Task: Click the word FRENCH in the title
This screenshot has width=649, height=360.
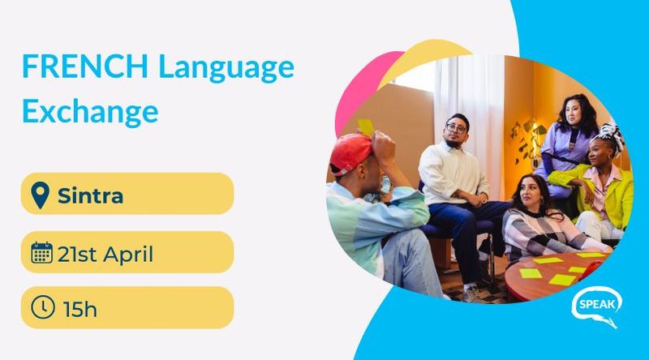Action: click(x=85, y=66)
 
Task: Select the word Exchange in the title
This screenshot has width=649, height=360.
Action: click(x=90, y=112)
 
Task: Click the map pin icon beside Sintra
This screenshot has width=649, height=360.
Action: click(x=40, y=195)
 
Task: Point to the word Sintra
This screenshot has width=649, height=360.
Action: click(x=90, y=195)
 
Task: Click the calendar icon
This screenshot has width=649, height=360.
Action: click(x=42, y=253)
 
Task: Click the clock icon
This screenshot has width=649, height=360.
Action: click(x=43, y=307)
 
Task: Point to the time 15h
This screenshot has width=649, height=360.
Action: click(x=80, y=309)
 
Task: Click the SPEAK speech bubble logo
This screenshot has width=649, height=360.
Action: click(x=597, y=306)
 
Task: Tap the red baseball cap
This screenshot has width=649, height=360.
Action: click(x=351, y=153)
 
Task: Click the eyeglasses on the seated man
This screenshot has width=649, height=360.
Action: click(x=457, y=128)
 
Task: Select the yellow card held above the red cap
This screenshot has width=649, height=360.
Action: click(x=366, y=126)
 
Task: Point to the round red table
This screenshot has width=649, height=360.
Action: click(x=555, y=276)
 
